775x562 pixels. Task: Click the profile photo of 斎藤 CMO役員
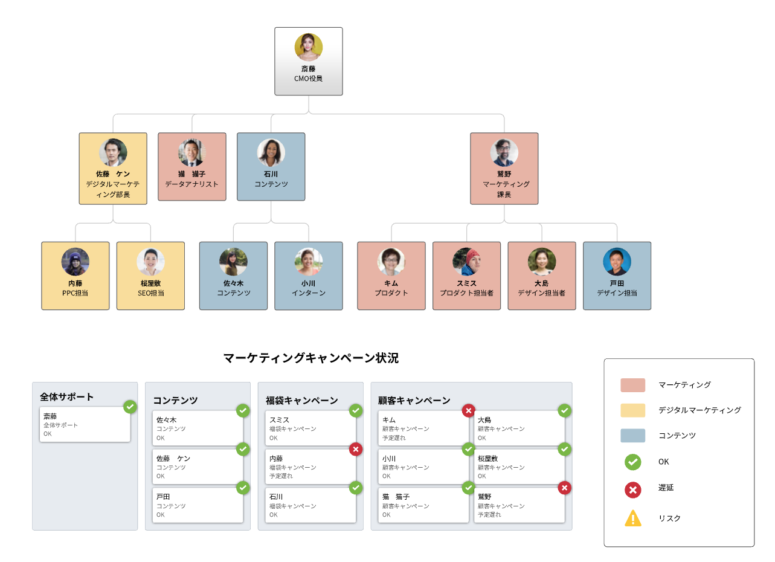coord(309,47)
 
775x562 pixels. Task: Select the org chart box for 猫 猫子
coord(192,166)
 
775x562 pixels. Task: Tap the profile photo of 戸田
coord(617,262)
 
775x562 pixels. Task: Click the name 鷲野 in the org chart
coord(504,173)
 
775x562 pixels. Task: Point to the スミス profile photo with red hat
coord(466,262)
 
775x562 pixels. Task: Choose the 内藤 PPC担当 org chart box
coord(76,276)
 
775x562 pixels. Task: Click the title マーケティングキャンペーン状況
coord(311,358)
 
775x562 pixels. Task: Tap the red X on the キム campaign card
coord(469,411)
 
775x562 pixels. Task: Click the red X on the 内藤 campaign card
coord(356,449)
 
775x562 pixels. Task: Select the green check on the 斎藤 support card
coord(130,407)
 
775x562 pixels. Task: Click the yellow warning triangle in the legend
coord(633,518)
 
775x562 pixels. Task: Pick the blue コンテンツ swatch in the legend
coord(633,435)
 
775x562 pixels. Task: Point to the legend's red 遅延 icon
coord(633,489)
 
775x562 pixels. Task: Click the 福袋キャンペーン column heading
coord(301,401)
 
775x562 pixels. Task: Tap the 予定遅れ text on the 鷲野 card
coord(489,515)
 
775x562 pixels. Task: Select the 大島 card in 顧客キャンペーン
coord(519,428)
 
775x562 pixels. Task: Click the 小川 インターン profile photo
coord(309,262)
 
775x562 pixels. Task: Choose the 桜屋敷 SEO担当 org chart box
coord(150,276)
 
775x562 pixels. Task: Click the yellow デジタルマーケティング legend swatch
coord(633,410)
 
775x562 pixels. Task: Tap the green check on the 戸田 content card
coord(243,488)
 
